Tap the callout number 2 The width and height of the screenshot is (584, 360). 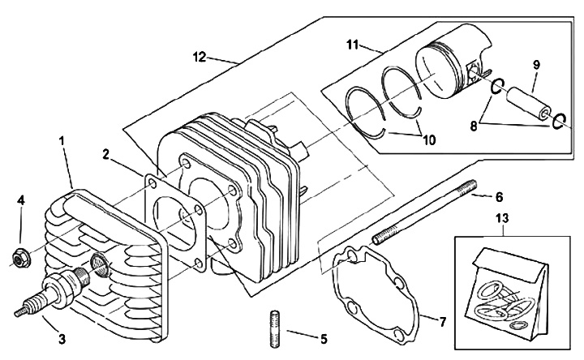(x=106, y=153)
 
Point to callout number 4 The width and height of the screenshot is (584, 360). (x=21, y=199)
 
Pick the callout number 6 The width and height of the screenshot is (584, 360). (x=500, y=197)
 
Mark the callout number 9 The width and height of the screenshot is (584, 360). (x=537, y=63)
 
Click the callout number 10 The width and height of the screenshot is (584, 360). (x=429, y=139)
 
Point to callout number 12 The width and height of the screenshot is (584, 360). (x=197, y=58)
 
